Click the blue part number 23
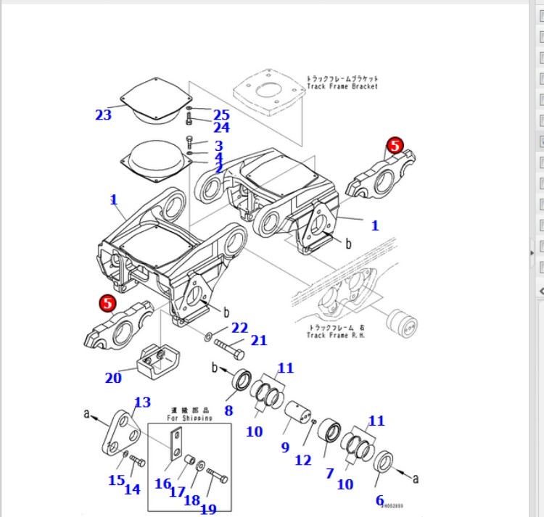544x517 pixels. (x=104, y=115)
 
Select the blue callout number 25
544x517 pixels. (x=221, y=115)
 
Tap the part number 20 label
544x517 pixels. (x=113, y=377)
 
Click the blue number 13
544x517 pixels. (x=142, y=402)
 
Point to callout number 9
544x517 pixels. (x=285, y=447)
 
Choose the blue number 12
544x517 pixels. (x=303, y=460)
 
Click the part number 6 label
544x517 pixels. (x=380, y=500)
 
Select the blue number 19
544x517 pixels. (x=208, y=509)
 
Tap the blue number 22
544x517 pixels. (x=240, y=328)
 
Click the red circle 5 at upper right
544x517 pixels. (x=395, y=145)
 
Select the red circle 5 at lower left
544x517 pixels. (x=108, y=303)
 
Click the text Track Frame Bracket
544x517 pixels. (x=342, y=86)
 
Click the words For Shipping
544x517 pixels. (x=190, y=418)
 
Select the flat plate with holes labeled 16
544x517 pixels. (x=176, y=444)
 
